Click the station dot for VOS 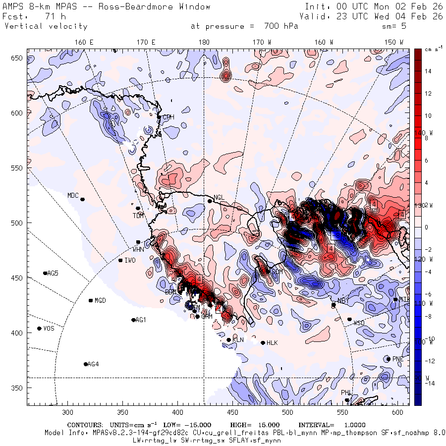(40, 329)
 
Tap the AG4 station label (93, 364)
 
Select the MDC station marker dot (82, 199)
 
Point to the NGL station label (219, 197)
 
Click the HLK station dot (263, 342)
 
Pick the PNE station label (398, 359)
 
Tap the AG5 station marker (46, 273)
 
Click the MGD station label (100, 300)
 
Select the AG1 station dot (133, 320)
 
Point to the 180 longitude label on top (204, 42)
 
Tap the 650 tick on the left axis (18, 58)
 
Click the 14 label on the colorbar (428, 71)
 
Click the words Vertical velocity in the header (46, 26)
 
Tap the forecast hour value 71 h (49, 16)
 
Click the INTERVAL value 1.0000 (351, 425)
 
